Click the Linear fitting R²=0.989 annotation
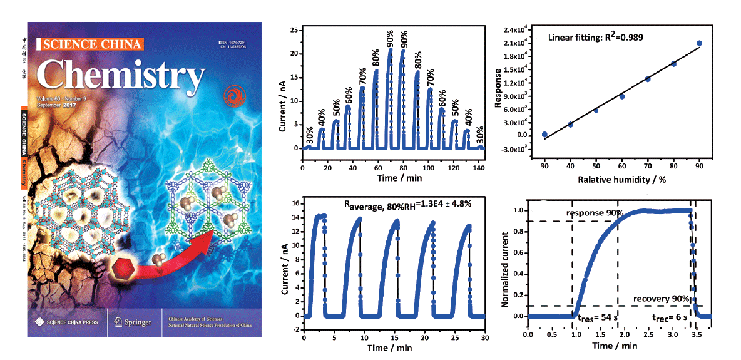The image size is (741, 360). tap(596, 37)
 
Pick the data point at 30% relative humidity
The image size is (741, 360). tap(544, 135)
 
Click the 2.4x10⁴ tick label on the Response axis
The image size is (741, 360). tap(517, 30)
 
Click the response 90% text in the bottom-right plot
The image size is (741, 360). tap(595, 213)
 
